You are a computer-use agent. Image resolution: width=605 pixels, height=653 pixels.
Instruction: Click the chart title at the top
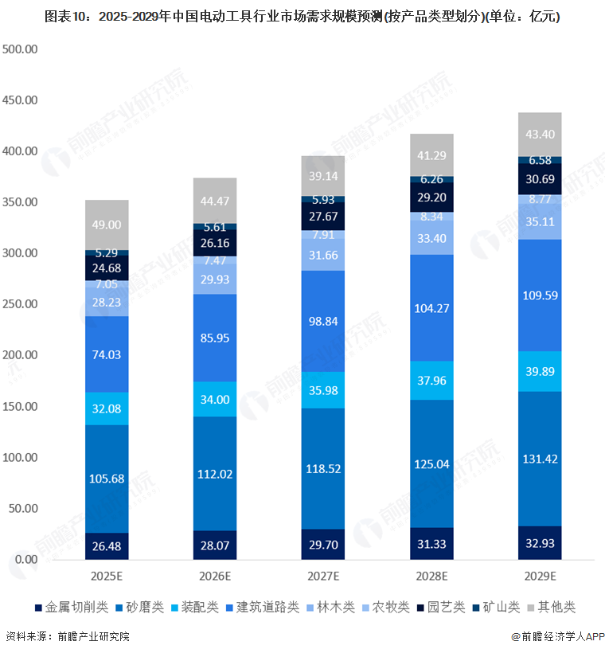tap(302, 17)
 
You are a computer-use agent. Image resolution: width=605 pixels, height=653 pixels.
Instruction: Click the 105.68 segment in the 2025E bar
tap(107, 478)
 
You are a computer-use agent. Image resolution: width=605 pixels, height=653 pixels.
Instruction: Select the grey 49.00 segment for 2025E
tap(107, 225)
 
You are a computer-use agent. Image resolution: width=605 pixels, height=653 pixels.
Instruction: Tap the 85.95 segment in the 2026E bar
tap(216, 338)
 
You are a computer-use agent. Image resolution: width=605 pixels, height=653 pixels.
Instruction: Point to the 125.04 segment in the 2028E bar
tap(432, 463)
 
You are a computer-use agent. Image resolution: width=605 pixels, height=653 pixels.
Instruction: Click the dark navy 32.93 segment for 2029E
tap(540, 543)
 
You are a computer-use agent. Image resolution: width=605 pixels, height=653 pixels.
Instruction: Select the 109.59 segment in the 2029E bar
tap(540, 295)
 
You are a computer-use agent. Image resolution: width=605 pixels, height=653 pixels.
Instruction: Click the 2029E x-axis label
tap(540, 576)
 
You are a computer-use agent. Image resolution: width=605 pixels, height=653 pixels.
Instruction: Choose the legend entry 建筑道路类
tap(266, 608)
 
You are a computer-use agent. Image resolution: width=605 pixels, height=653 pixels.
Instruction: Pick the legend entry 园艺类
tap(441, 608)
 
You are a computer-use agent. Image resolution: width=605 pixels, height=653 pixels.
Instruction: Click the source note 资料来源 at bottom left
tap(68, 637)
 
